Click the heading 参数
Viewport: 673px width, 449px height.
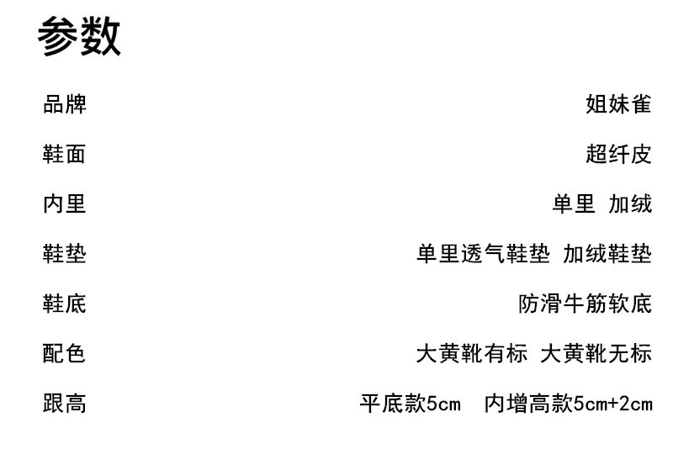coord(81,38)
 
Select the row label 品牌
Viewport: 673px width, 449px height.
coord(65,105)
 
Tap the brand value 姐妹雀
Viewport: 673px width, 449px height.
coord(618,105)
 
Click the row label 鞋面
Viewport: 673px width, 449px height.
coord(65,155)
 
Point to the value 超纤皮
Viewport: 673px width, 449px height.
coord(618,155)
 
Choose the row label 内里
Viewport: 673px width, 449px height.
coord(65,204)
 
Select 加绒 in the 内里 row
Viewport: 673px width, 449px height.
coord(630,204)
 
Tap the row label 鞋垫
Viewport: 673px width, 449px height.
coord(65,254)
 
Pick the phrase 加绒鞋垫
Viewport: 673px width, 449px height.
coord(607,254)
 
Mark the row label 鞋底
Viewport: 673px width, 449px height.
coord(65,304)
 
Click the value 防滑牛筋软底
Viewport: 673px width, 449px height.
coord(585,304)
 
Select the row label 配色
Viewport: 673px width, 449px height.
coord(65,353)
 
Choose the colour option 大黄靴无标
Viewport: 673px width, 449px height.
coord(596,353)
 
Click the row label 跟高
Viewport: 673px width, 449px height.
coord(65,404)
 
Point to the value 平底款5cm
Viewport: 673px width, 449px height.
coord(411,404)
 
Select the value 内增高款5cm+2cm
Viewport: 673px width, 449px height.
coord(569,404)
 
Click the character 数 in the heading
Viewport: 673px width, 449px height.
coord(101,38)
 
